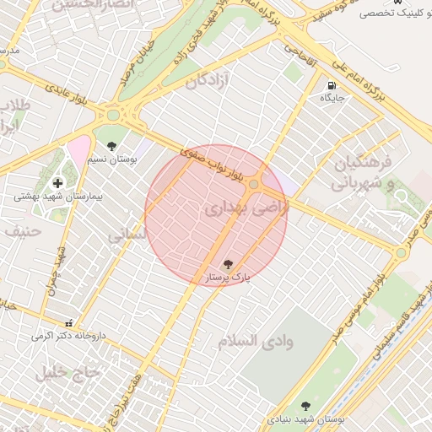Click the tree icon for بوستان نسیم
pos(111,147)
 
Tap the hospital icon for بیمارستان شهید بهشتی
pos(57,182)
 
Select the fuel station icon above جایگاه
pos(332,85)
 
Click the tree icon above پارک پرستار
pos(227,263)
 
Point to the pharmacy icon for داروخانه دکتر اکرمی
pos(69,323)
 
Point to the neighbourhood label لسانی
pos(127,234)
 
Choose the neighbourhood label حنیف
pos(22,229)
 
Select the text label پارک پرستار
pos(228,277)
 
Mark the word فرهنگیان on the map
pos(363,162)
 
